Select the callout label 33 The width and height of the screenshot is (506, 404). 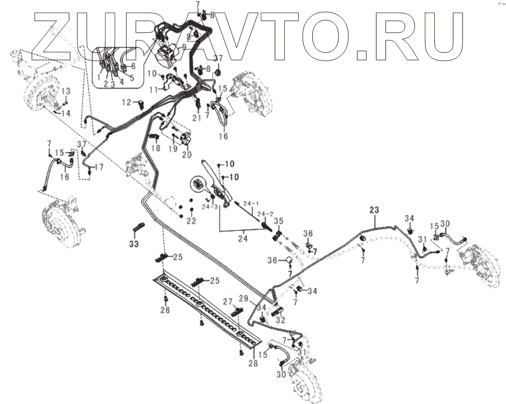click(135, 244)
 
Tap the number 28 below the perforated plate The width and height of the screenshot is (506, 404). click(253, 364)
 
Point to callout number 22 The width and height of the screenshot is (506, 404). click(191, 221)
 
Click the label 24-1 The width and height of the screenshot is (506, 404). click(252, 203)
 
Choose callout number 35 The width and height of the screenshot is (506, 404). click(278, 221)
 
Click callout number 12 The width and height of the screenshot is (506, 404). click(126, 102)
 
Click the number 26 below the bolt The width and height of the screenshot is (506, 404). click(165, 311)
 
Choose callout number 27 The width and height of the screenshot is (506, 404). click(228, 301)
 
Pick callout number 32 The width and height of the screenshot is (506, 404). click(280, 320)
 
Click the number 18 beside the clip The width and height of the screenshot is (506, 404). click(156, 148)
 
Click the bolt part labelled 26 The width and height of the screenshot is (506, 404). click(165, 299)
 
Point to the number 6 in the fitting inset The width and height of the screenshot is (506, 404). click(133, 66)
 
